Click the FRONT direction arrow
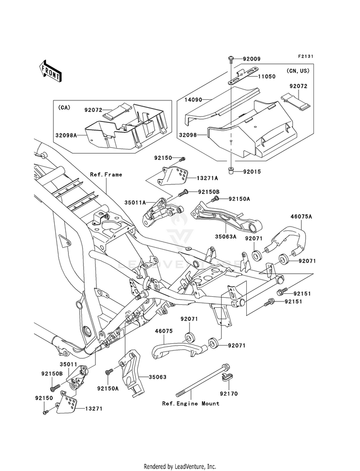tap(50, 71)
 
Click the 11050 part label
tap(266, 77)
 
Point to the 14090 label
tap(194, 100)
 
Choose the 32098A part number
tap(66, 135)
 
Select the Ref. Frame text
tap(106, 174)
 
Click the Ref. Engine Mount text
tap(191, 403)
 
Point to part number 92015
tap(252, 172)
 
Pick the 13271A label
tap(207, 178)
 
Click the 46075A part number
tap(301, 216)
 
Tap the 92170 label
tap(228, 394)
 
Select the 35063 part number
tap(157, 377)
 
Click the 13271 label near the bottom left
tap(94, 409)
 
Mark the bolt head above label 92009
tap(231, 58)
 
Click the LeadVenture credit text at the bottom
tap(180, 467)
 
